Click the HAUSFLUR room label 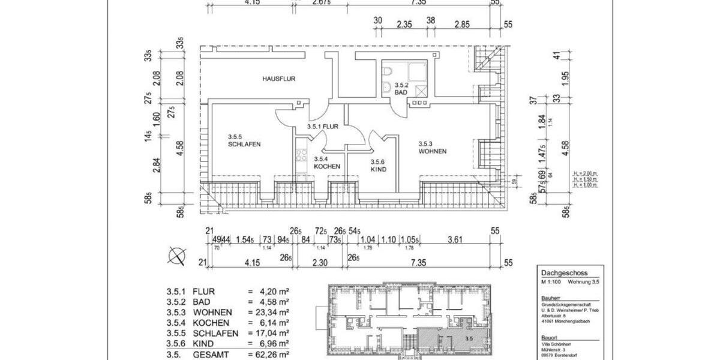[279, 79]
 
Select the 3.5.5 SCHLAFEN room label [244, 140]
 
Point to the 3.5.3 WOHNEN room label [433, 148]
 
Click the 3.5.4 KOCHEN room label [327, 163]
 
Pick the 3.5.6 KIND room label [378, 166]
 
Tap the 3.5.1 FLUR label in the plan [323, 127]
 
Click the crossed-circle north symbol [177, 256]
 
